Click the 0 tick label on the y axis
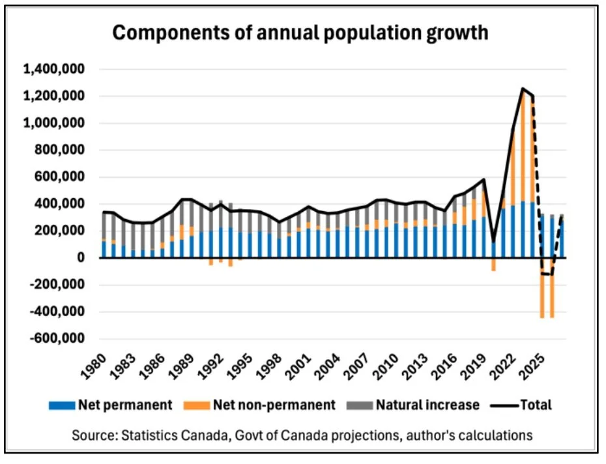pyautogui.click(x=82, y=258)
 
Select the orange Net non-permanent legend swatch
pyautogui.click(x=201, y=405)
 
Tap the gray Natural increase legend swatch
pyautogui.click(x=366, y=405)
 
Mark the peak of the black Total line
pyautogui.click(x=522, y=89)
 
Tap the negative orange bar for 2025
pyautogui.click(x=541, y=287)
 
